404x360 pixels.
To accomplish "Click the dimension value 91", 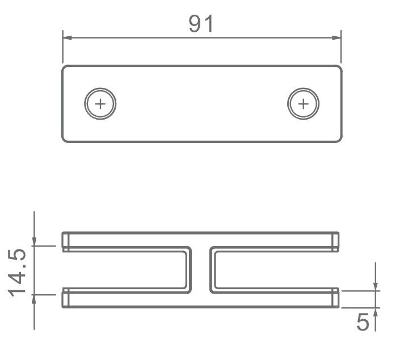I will (x=201, y=24).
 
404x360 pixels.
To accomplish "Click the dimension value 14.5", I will (x=18, y=271).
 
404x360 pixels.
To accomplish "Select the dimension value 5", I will (x=362, y=323).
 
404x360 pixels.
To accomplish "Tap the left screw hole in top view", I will (x=100, y=104).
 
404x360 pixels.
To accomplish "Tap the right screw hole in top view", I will (x=303, y=104).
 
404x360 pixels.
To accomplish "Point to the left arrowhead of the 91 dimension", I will (x=66, y=38).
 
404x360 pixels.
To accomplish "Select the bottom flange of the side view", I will (x=201, y=299).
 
